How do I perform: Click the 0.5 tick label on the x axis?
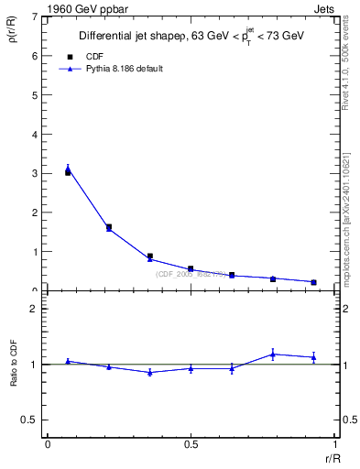(x=191, y=444)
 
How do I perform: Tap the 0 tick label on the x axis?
(x=47, y=444)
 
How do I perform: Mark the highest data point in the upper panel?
(x=68, y=169)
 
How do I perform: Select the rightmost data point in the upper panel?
(x=313, y=282)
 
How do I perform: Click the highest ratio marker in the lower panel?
(x=273, y=354)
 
